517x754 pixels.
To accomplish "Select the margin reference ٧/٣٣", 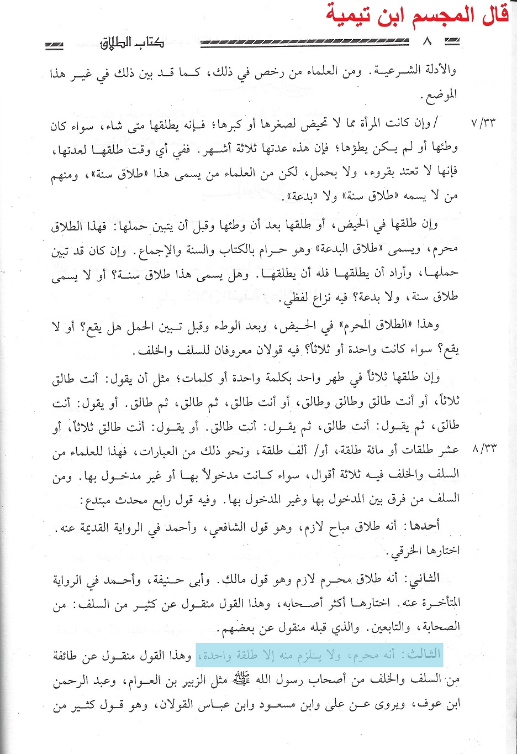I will click(x=483, y=122).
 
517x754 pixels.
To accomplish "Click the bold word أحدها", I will click(x=424, y=525).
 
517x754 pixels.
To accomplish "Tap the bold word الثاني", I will click(x=423, y=578).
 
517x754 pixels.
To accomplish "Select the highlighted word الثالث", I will click(x=424, y=654).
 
